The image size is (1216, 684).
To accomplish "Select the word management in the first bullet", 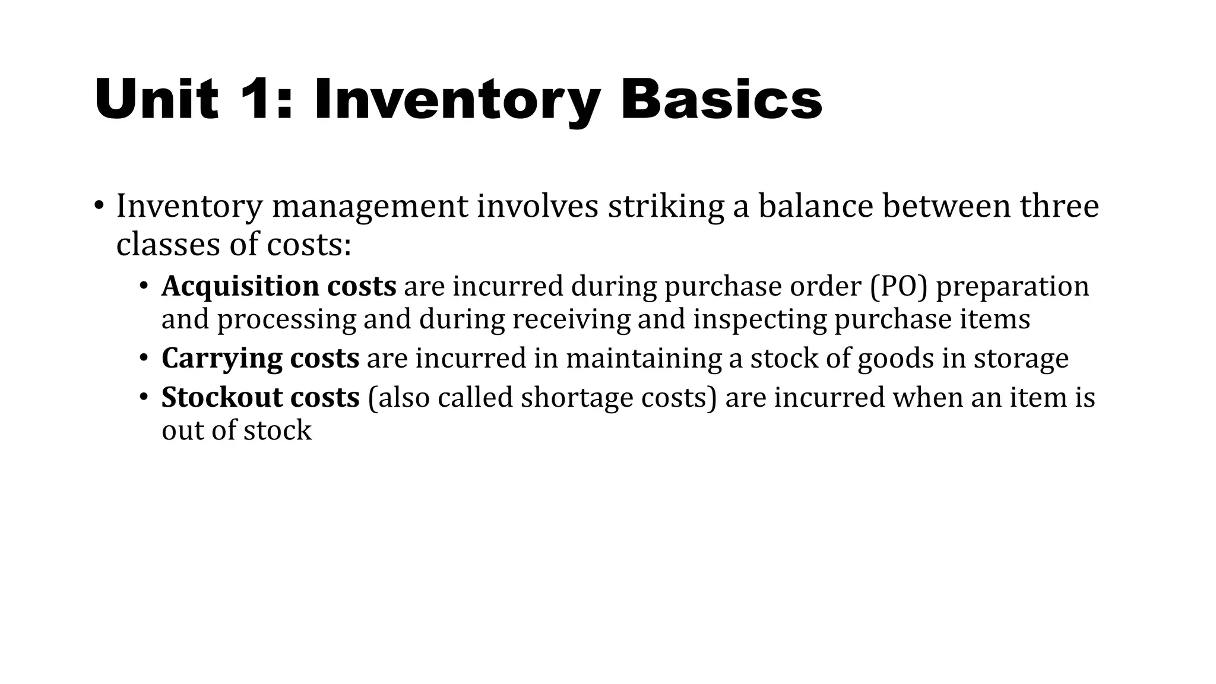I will pos(370,207).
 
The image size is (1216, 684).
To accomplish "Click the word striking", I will pos(666,207).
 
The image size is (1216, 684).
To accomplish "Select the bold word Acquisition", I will pos(240,287).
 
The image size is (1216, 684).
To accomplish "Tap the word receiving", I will pos(571,320).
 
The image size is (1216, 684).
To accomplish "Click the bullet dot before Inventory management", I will pos(99,207).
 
